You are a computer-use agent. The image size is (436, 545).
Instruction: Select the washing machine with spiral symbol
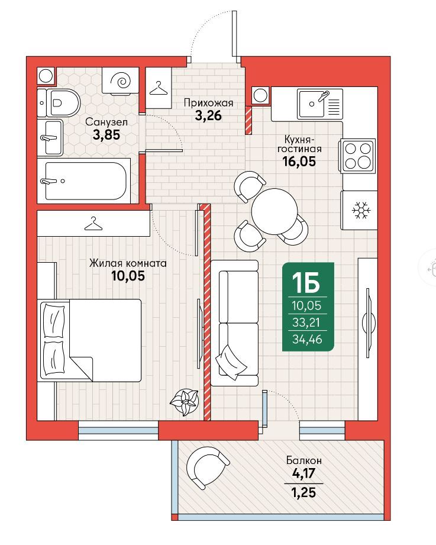click(121, 81)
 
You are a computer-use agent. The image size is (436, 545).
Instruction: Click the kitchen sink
click(319, 103)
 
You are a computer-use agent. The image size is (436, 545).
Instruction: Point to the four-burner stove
click(357, 156)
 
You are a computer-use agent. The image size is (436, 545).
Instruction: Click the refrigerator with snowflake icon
click(359, 210)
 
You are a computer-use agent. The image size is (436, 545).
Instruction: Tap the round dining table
click(274, 212)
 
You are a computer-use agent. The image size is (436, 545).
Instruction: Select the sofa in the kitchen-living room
click(235, 323)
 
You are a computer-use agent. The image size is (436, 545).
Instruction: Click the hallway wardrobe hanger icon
click(159, 88)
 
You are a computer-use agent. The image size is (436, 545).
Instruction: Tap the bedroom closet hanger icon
click(94, 223)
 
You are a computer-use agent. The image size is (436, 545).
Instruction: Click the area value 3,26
click(208, 115)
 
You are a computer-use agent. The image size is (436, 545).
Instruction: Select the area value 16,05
click(299, 162)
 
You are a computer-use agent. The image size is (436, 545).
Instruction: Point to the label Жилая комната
click(128, 263)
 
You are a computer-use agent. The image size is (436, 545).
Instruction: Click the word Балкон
click(304, 460)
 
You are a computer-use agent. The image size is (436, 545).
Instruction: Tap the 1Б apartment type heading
click(306, 282)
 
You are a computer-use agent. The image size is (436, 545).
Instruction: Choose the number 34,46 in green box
click(307, 339)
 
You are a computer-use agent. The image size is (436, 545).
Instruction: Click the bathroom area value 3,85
click(106, 134)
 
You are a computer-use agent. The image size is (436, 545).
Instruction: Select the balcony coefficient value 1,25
click(303, 493)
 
